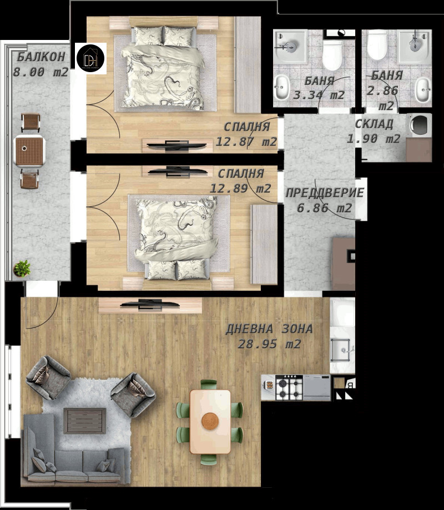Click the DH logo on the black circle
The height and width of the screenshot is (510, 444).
pyautogui.click(x=90, y=58)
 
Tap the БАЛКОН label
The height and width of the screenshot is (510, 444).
pyautogui.click(x=41, y=57)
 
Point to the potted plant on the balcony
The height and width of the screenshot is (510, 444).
pyautogui.click(x=22, y=269)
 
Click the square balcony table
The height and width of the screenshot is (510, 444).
pyautogui.click(x=29, y=151)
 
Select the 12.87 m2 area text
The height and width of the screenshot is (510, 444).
pyautogui.click(x=246, y=142)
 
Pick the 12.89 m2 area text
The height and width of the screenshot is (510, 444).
pyautogui.click(x=240, y=188)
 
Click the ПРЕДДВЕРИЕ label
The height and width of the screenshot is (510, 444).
pyautogui.click(x=325, y=193)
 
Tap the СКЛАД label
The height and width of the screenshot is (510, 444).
pyautogui.click(x=375, y=124)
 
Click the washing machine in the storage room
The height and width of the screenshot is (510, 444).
pyautogui.click(x=419, y=124)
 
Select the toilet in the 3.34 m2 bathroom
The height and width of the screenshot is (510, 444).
pyautogui.click(x=332, y=54)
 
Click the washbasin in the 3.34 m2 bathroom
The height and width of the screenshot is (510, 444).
pyautogui.click(x=282, y=87)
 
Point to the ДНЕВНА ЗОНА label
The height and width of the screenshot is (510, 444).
pyautogui.click(x=269, y=329)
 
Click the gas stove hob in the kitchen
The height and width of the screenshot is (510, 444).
pyautogui.click(x=289, y=387)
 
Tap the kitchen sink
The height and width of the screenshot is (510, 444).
pyautogui.click(x=341, y=350)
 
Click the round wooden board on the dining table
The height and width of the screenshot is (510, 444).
pyautogui.click(x=210, y=421)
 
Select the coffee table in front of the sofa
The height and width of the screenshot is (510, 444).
pyautogui.click(x=85, y=421)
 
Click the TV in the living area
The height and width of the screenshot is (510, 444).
pyautogui.click(x=150, y=305)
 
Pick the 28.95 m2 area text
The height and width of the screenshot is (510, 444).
pyautogui.click(x=269, y=344)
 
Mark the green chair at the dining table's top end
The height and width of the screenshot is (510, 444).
pyautogui.click(x=209, y=384)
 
